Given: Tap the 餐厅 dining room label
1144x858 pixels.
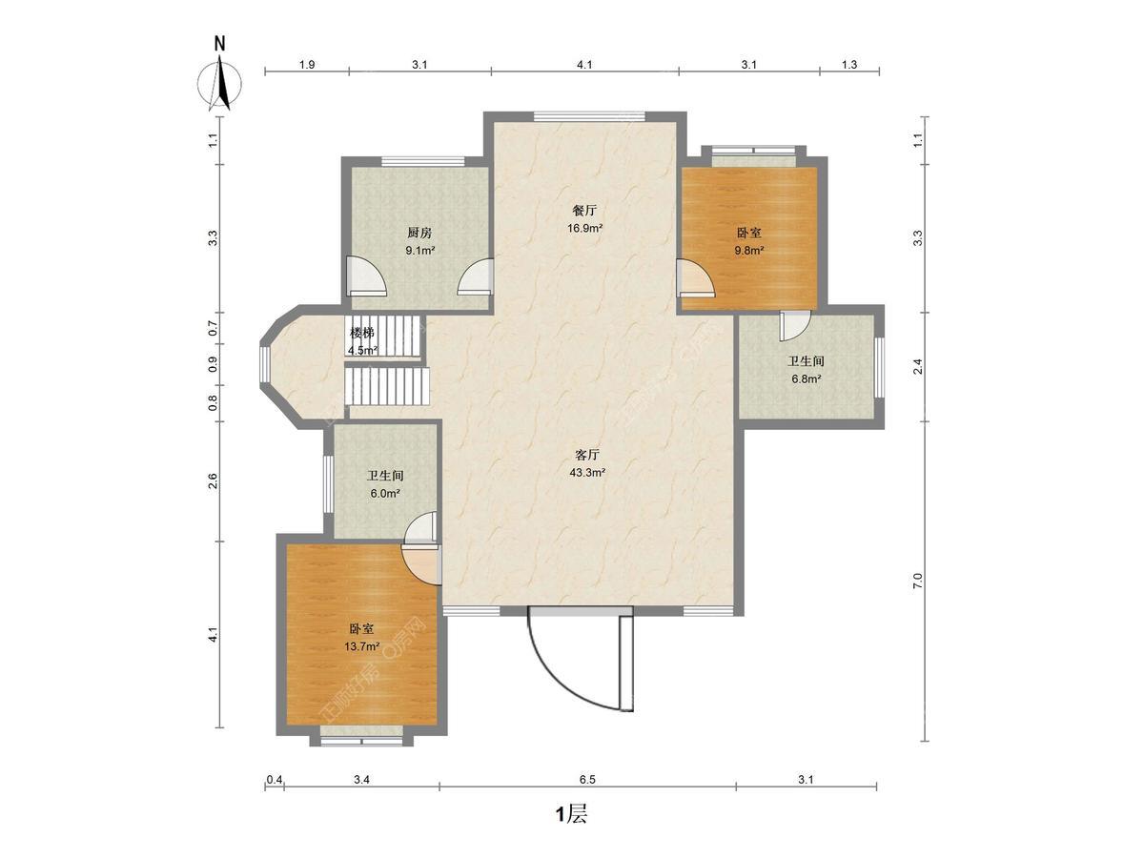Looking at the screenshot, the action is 584,211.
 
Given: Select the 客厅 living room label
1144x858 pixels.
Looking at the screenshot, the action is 587,455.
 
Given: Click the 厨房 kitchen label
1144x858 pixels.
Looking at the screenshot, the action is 419,233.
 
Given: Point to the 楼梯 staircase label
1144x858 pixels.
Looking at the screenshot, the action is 361,333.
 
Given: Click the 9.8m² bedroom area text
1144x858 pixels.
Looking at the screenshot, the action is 749,250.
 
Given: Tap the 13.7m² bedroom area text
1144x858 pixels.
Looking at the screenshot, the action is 361,646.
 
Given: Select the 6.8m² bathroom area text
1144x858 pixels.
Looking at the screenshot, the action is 807,378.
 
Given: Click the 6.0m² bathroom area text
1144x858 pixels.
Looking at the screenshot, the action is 384,493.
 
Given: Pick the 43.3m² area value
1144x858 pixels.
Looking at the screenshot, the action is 587,473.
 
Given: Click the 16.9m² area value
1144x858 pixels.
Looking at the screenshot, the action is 584,228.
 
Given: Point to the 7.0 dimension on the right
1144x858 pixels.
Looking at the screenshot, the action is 918,582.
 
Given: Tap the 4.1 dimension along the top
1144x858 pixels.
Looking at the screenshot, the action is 584,65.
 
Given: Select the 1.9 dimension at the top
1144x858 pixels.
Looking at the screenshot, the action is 307,65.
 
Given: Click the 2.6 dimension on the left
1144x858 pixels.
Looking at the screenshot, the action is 213,480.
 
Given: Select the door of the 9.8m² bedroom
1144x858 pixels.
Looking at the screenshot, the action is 695,277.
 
